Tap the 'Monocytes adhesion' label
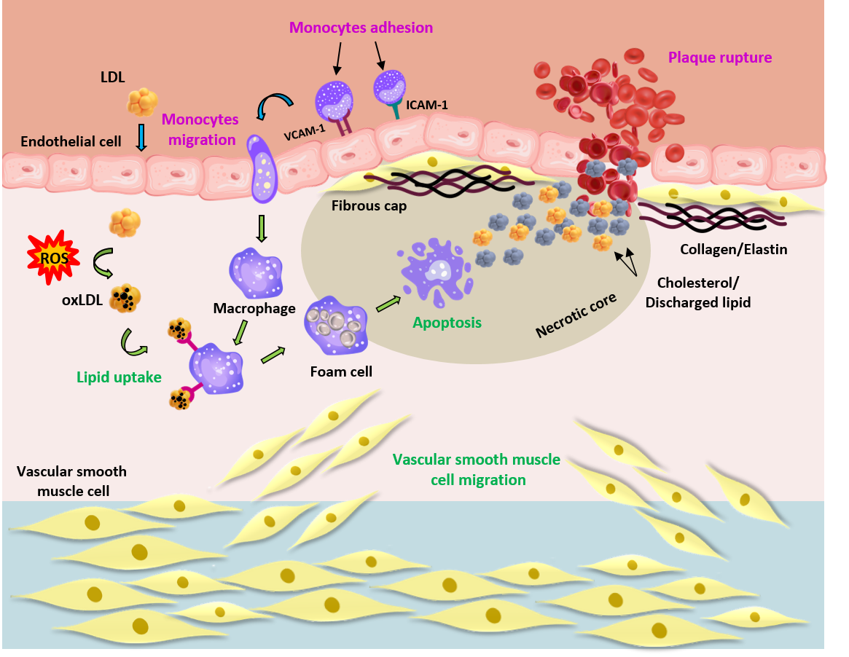tap(361, 28)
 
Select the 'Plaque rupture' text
tap(720, 57)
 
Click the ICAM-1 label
tap(428, 105)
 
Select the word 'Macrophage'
tap(254, 308)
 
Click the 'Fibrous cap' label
tap(369, 205)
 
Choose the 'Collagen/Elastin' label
tap(733, 249)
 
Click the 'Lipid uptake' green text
tap(118, 377)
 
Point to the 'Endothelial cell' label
tap(71, 141)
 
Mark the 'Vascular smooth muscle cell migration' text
tap(476, 470)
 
